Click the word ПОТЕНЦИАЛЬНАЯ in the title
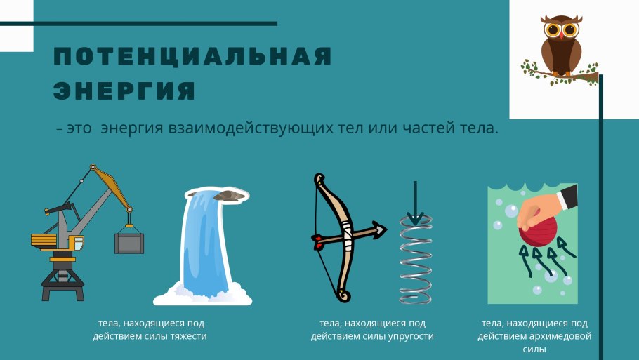193,56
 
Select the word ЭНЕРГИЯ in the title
125,91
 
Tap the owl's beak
562,36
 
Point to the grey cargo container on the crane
129,243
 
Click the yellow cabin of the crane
77,243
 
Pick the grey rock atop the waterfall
229,196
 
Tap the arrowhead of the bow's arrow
379,229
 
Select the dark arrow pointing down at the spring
415,203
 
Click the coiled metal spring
415,260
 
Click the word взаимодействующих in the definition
251,128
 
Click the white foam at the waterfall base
202,295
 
